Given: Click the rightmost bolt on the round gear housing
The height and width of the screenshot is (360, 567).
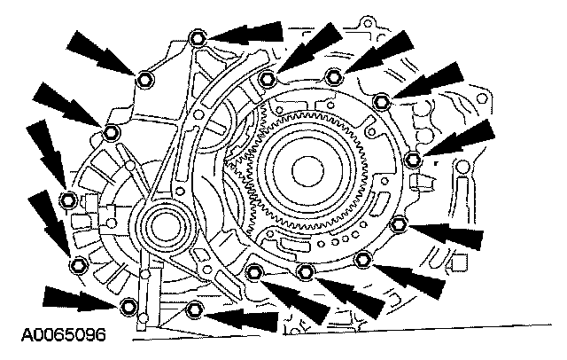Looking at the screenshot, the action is [x=412, y=159].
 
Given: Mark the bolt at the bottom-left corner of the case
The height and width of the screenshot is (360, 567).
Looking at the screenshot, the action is [x=129, y=308].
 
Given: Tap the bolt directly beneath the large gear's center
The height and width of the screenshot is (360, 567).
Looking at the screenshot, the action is [x=306, y=270].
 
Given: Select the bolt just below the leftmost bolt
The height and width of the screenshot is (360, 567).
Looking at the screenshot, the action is [x=77, y=262].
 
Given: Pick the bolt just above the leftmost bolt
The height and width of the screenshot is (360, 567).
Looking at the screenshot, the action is [x=111, y=134].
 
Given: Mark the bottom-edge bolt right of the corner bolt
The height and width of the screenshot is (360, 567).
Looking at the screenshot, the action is [x=195, y=309].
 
